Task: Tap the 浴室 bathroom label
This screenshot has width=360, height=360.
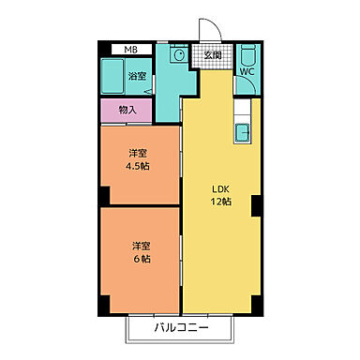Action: click(x=138, y=75)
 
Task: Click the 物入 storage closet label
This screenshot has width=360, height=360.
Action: click(x=128, y=110)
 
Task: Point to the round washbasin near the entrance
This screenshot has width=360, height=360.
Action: click(x=175, y=55)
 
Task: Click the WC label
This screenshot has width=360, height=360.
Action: click(x=247, y=70)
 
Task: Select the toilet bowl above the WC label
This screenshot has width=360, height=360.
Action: click(x=247, y=52)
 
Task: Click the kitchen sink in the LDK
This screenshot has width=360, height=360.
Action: click(x=242, y=130)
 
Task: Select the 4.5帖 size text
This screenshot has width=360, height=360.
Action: click(x=139, y=165)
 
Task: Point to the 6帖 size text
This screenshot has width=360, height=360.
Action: click(x=140, y=259)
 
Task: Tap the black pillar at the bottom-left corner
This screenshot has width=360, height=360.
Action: click(x=105, y=307)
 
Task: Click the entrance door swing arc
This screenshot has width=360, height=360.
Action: click(x=209, y=31)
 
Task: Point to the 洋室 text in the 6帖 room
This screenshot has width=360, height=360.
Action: click(x=140, y=246)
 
